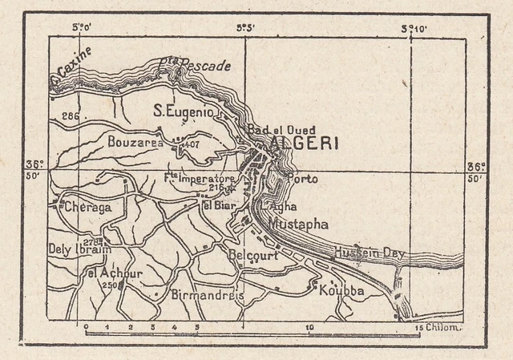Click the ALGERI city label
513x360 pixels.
tap(305, 144)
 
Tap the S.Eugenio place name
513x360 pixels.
tap(184, 113)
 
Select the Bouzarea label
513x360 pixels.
tap(134, 142)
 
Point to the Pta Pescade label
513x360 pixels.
tap(194, 63)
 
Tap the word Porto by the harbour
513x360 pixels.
tap(302, 179)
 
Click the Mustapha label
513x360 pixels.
tap(299, 224)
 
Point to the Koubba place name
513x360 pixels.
tap(341, 290)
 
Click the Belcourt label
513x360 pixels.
tap(252, 256)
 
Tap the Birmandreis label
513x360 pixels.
tap(208, 294)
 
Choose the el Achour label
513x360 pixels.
tap(115, 273)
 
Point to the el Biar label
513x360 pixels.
tap(217, 205)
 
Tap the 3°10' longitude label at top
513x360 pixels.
tap(414, 30)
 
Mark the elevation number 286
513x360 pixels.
tap(70, 117)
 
